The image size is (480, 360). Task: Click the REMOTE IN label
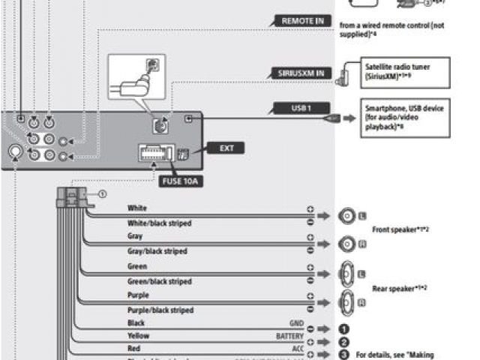(x=303, y=21)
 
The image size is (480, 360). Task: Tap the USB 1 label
(x=301, y=109)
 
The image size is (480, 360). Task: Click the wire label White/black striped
(x=159, y=223)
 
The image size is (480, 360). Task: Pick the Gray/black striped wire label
(x=157, y=251)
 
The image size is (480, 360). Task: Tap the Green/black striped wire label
(x=160, y=281)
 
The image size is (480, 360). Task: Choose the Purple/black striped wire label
(x=160, y=310)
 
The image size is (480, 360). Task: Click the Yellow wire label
(x=139, y=337)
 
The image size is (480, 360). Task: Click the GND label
(x=296, y=323)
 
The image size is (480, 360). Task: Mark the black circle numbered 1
(x=344, y=328)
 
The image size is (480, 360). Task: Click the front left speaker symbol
(x=348, y=216)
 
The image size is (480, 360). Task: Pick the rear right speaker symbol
(x=348, y=302)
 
